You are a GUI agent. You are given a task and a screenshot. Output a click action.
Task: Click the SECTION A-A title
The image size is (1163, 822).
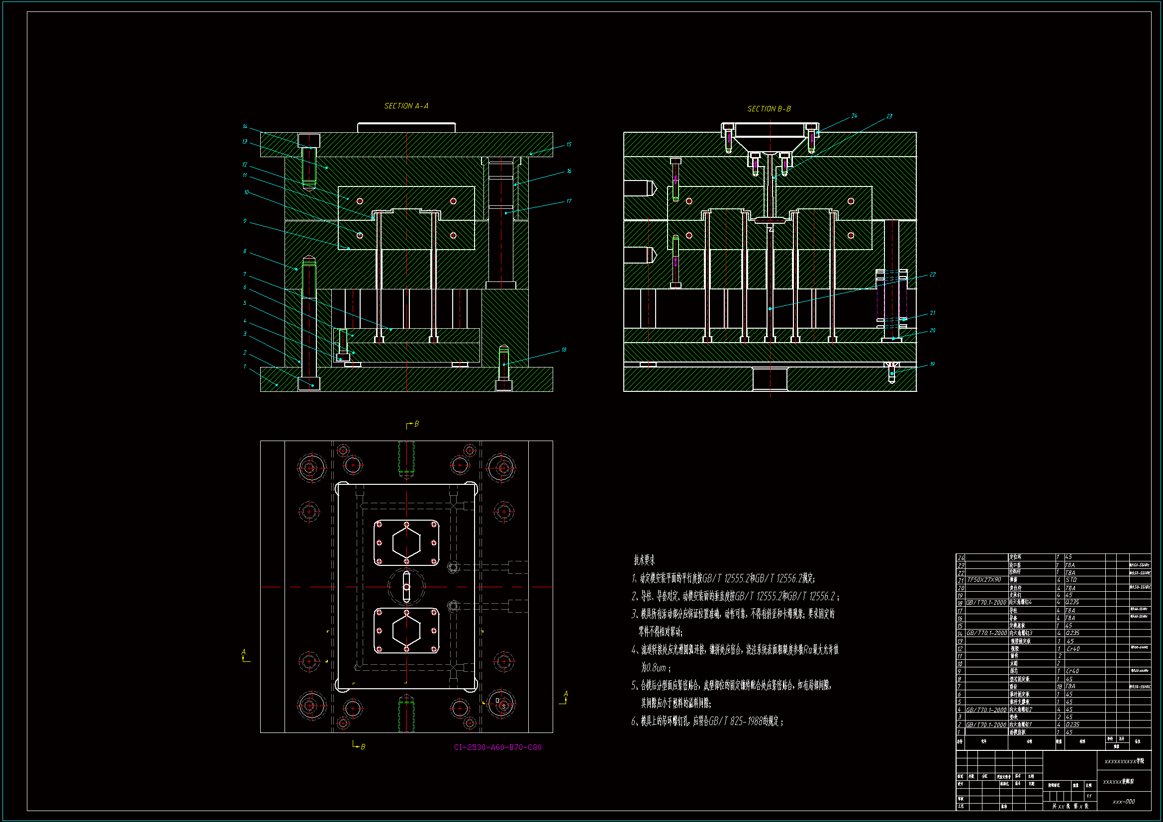pos(406,106)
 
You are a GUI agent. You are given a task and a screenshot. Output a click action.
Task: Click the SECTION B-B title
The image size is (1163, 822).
pos(769,109)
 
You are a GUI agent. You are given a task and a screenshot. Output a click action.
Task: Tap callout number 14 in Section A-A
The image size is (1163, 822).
pos(245,127)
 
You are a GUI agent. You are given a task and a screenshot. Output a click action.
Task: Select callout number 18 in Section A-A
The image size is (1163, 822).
pos(564,350)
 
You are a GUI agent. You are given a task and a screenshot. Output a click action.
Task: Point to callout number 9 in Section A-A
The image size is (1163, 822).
pos(245,221)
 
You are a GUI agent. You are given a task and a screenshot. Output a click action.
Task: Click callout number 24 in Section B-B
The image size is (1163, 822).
pos(854,116)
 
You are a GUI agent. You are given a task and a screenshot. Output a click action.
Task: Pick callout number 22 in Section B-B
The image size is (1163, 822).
pos(933,274)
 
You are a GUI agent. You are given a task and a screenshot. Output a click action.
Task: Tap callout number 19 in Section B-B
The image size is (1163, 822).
pos(932,364)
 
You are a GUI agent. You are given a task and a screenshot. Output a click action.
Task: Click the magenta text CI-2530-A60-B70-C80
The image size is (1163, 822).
pos(498,747)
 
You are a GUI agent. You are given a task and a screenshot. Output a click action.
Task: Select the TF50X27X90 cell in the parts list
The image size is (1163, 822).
pos(984,580)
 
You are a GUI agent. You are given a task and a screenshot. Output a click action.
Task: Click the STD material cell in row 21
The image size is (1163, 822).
pos(1071,580)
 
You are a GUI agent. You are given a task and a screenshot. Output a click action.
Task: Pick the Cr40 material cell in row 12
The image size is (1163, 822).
pos(1072,649)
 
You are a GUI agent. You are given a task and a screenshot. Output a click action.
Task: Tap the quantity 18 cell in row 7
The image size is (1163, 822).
pos(1059,686)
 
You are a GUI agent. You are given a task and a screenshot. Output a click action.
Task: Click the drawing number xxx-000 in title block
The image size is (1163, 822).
pos(1124,802)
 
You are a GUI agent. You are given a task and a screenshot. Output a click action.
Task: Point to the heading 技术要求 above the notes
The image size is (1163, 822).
pos(644,560)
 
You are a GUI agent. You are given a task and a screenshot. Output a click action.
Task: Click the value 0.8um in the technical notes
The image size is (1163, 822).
pos(654,668)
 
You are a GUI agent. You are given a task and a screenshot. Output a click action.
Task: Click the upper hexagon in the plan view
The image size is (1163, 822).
pos(406,543)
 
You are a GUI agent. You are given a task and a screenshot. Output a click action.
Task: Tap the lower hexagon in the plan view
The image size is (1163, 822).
pos(406,631)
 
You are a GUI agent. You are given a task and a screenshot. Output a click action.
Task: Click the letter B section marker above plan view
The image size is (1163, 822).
pos(416,424)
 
